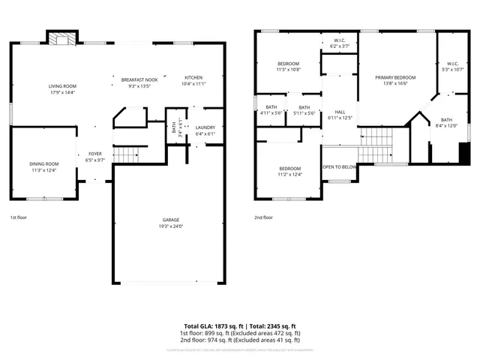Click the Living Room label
coord(63,86)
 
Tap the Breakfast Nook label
coord(139,78)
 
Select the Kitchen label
coord(193,78)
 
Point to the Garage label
coord(171,220)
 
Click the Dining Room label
coord(44,163)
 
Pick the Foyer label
coord(95,153)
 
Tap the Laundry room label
coord(205,127)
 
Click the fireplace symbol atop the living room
coord(58,38)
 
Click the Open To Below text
coord(339,166)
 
